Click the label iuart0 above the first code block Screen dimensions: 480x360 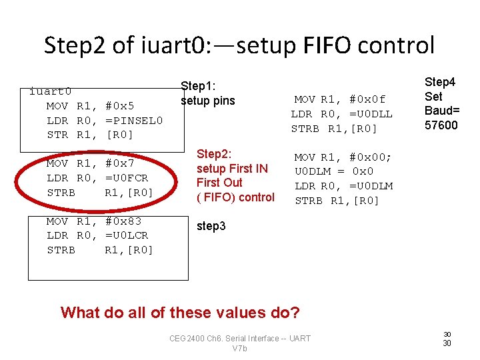point(51,91)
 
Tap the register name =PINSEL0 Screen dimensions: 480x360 point(134,120)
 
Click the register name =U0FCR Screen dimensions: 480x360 point(127,178)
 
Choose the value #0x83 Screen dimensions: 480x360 point(123,221)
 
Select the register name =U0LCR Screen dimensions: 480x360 point(127,235)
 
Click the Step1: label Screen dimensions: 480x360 point(199,86)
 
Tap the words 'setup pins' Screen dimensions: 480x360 point(208,101)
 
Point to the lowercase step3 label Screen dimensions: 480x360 point(211,227)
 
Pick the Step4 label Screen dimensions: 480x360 point(440,82)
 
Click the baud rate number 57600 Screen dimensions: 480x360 point(441,125)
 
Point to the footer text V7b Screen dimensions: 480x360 point(240,348)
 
